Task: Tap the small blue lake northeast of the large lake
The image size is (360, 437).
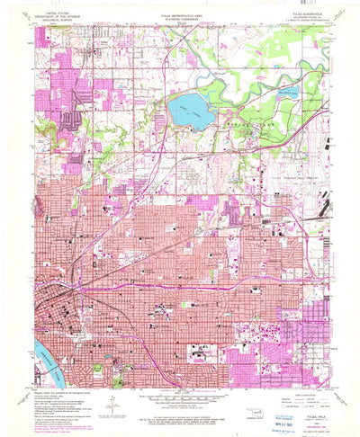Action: pyautogui.click(x=286, y=90)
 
